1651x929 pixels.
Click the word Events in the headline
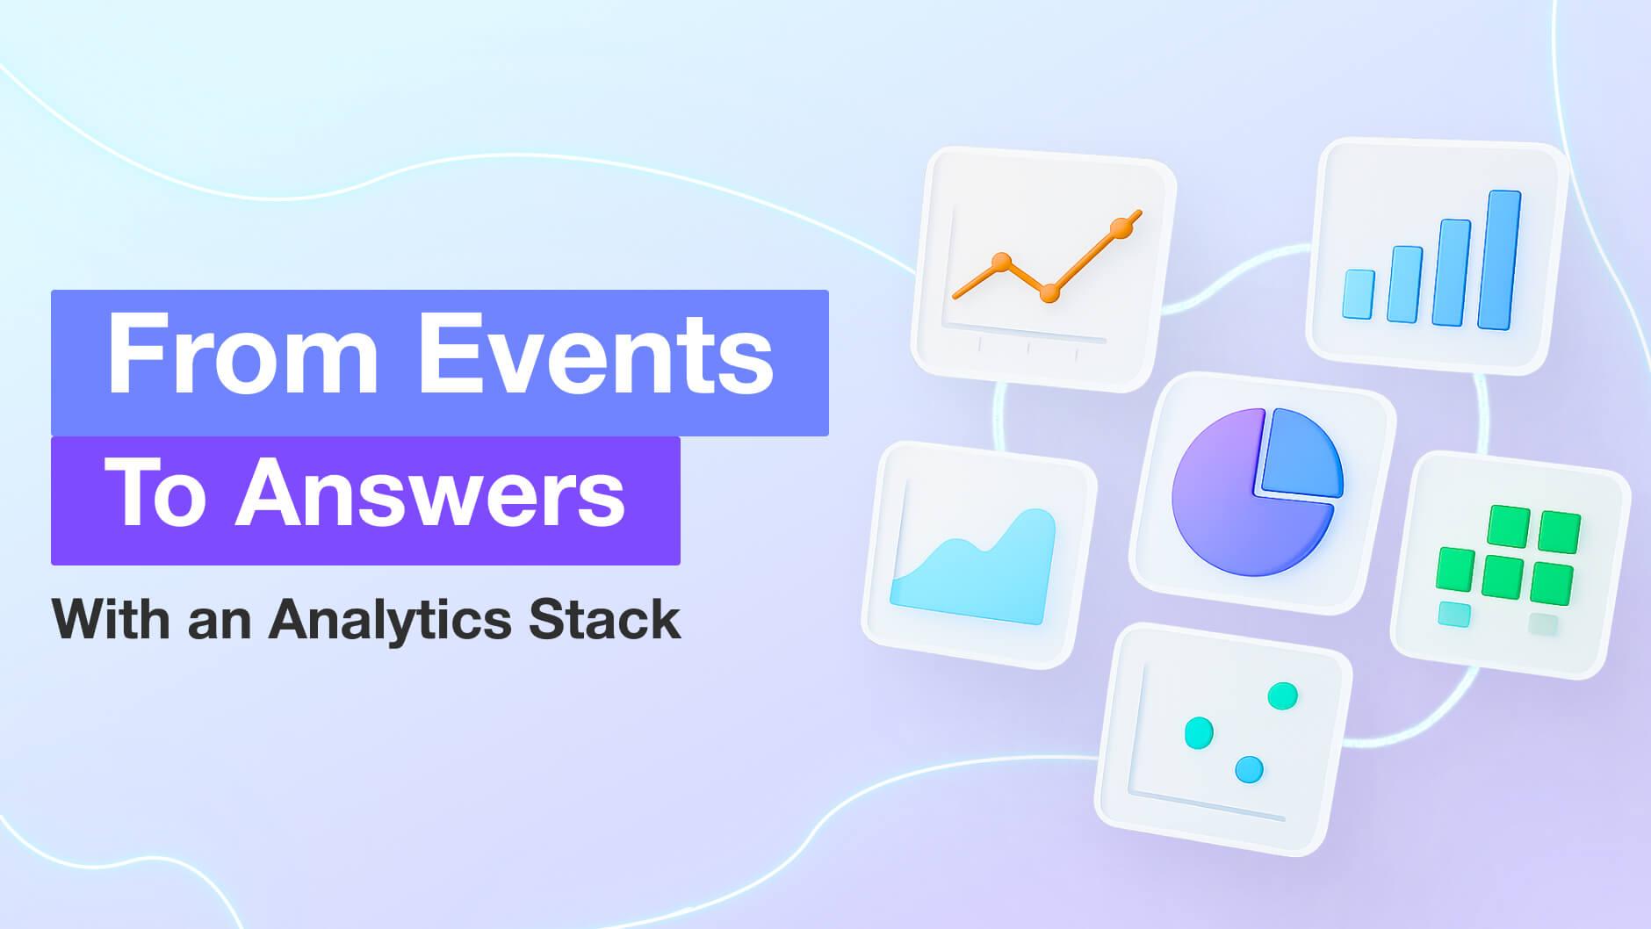tap(596, 357)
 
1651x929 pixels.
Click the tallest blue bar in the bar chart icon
tap(1498, 260)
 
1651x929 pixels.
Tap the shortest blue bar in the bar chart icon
tap(1359, 294)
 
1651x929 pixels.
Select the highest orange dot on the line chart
tap(1120, 228)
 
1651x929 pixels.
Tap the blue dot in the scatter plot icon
tap(1248, 770)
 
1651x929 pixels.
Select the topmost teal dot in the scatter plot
tap(1282, 695)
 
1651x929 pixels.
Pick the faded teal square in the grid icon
tap(1454, 615)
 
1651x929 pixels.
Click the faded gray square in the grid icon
tap(1543, 624)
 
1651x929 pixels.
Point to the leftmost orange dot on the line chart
tap(1001, 262)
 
